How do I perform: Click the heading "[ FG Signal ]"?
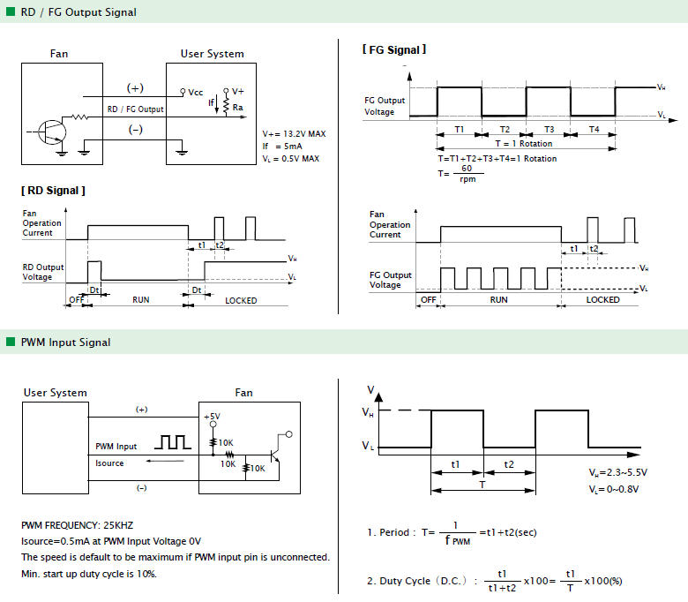coord(394,49)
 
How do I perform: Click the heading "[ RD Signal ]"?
coord(53,191)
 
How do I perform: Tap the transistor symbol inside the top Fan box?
coord(52,132)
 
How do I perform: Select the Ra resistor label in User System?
coord(238,107)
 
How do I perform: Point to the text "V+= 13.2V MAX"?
coord(294,134)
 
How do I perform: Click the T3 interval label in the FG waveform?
coord(550,130)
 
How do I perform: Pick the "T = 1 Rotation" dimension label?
coord(524,144)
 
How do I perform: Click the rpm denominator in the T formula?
coord(467,179)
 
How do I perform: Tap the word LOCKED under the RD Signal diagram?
coord(241,301)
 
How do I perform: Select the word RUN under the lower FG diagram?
coord(499,299)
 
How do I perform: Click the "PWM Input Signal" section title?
coord(66,342)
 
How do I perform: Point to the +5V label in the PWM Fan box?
coord(212,417)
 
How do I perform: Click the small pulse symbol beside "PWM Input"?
coord(172,442)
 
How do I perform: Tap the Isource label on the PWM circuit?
coord(109,463)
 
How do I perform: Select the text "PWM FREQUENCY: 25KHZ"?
coord(78,525)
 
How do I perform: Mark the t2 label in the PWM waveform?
coord(509,464)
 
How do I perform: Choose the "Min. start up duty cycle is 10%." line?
coord(89,574)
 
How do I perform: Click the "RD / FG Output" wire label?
coord(136,109)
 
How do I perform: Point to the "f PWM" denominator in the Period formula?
coord(457,540)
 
